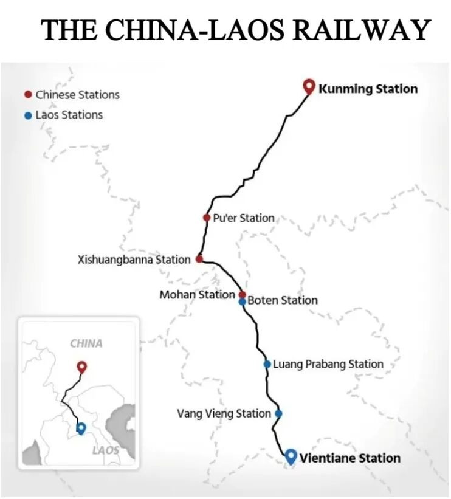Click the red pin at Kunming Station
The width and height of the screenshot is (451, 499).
[x=308, y=87]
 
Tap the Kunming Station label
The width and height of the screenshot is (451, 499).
[x=368, y=89]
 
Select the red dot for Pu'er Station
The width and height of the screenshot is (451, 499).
[x=207, y=218]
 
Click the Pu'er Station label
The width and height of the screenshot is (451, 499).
[x=244, y=218]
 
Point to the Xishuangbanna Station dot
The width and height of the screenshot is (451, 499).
[x=199, y=259]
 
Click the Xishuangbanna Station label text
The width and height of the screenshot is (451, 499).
[x=134, y=260]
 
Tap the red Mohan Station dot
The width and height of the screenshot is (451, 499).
[x=242, y=294]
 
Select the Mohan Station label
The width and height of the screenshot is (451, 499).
[x=197, y=294]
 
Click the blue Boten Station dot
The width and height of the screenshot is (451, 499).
[x=242, y=301]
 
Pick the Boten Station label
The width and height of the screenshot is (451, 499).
[x=282, y=300]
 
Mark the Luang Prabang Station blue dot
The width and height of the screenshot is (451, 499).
[x=267, y=364]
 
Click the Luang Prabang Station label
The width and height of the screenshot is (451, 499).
[x=328, y=364]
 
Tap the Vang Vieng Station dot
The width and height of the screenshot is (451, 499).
[x=278, y=414]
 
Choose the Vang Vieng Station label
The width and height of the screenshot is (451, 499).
[x=224, y=413]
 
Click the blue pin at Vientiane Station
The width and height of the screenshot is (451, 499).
[x=291, y=456]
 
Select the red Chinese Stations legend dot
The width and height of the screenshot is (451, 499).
[x=27, y=94]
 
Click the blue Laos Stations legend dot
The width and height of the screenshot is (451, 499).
[x=27, y=115]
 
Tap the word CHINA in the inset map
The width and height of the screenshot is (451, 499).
[x=86, y=343]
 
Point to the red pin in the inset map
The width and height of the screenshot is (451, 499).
[x=81, y=367]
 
